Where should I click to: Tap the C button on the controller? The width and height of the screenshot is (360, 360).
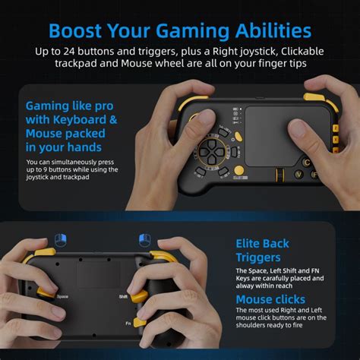(307, 162)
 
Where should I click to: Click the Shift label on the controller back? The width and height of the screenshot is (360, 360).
(122, 296)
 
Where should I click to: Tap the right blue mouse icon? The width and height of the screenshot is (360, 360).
(144, 240)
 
